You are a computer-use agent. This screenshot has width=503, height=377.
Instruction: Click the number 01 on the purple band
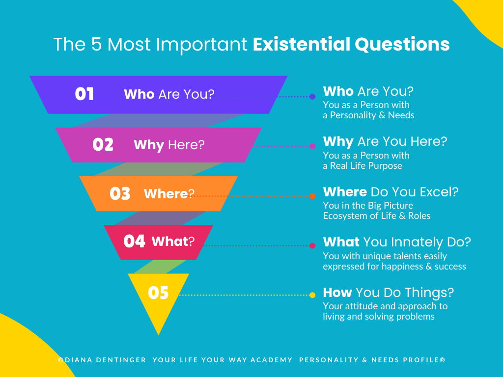pyautogui.click(x=84, y=94)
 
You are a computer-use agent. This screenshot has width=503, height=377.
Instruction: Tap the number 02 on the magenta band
pyautogui.click(x=103, y=145)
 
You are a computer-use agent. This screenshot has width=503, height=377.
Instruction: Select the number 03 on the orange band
pyautogui.click(x=120, y=193)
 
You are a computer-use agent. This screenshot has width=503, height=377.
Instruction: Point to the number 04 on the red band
pyautogui.click(x=135, y=241)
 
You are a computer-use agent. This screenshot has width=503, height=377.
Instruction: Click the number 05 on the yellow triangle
pyautogui.click(x=158, y=293)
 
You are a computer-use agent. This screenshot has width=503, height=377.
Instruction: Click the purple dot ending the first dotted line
pyautogui.click(x=312, y=97)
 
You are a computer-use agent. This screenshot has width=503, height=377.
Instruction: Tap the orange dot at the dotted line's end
pyautogui.click(x=312, y=196)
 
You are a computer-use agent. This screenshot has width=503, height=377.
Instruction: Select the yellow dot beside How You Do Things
pyautogui.click(x=312, y=295)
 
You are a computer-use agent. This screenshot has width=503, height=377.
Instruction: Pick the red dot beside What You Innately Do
pyautogui.click(x=312, y=245)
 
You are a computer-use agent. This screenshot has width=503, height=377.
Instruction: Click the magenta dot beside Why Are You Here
pyautogui.click(x=312, y=146)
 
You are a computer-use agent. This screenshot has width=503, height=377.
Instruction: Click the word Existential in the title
pyautogui.click(x=301, y=44)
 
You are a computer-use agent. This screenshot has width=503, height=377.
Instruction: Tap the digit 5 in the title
pyautogui.click(x=96, y=44)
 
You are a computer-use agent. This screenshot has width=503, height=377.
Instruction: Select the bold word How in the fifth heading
pyautogui.click(x=337, y=293)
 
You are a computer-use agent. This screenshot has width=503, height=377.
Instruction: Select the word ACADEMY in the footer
pyautogui.click(x=271, y=360)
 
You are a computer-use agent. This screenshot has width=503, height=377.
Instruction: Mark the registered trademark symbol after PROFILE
pyautogui.click(x=443, y=360)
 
